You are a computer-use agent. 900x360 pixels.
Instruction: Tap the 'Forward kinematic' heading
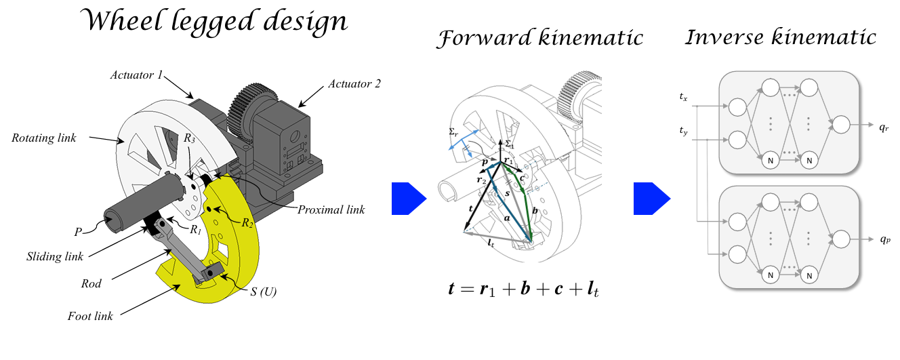tap(539, 39)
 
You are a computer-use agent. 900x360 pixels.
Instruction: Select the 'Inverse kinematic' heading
tap(780, 37)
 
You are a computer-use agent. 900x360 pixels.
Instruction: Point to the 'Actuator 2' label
tap(354, 84)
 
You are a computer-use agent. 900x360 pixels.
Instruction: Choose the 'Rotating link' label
tap(44, 138)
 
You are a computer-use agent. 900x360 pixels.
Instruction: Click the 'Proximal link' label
tap(331, 209)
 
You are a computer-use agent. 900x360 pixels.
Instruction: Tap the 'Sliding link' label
tap(55, 256)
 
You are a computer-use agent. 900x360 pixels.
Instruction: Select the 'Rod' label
tap(90, 284)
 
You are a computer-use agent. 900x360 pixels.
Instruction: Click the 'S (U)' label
tap(263, 293)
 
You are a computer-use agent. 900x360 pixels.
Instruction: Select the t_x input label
tap(683, 98)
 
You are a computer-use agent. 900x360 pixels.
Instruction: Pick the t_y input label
tap(683, 130)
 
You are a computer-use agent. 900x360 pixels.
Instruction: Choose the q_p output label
tap(885, 239)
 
